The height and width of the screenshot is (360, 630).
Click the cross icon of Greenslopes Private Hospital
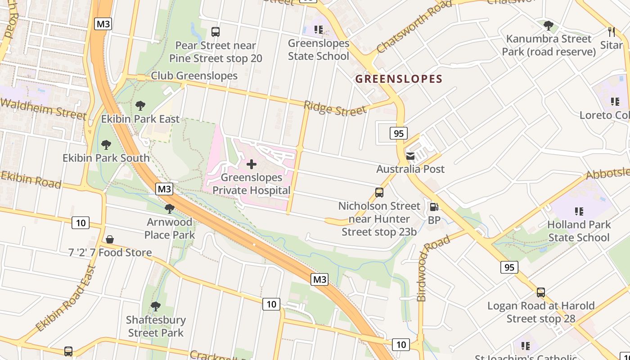(252, 164)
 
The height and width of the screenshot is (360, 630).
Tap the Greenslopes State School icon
(319, 30)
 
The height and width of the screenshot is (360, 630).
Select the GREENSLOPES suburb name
(399, 79)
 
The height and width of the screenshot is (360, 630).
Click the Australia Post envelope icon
(410, 156)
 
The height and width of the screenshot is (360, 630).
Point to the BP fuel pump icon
(434, 207)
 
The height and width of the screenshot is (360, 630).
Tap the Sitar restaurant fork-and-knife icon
(611, 32)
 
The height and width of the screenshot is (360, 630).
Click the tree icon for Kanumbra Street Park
(548, 26)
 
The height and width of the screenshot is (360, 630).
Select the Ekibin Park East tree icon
(140, 106)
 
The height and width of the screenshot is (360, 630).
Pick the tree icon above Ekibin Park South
(106, 145)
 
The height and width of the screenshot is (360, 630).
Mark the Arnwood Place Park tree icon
(170, 209)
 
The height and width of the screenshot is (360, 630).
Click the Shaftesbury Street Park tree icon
(156, 307)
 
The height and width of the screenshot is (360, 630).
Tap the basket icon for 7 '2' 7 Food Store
(110, 239)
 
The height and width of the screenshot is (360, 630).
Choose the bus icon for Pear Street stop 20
(216, 32)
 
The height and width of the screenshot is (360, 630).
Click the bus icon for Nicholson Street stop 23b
(379, 193)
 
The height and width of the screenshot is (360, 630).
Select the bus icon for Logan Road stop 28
(541, 292)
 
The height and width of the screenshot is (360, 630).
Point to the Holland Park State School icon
(579, 211)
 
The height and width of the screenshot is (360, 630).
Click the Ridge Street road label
(335, 108)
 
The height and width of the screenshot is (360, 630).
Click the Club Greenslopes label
(194, 76)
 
